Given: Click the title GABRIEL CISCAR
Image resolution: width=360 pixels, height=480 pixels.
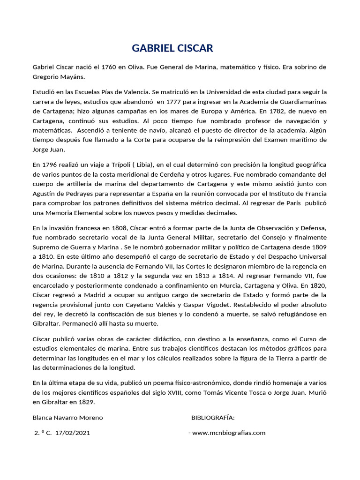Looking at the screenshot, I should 172,48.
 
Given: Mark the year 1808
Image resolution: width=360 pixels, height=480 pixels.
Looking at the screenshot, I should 117,227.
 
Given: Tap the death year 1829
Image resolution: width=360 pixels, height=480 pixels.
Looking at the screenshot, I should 85,401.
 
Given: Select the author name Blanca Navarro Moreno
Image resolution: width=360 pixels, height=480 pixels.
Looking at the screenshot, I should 67,417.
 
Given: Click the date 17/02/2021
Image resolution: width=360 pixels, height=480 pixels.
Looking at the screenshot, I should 72,433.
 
